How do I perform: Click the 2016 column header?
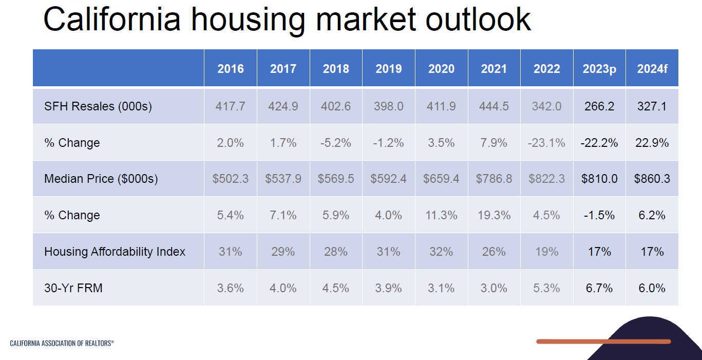coord(231,69)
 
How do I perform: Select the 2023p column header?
coord(599,69)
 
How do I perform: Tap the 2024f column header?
coord(652,69)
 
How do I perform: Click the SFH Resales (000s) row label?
coord(98,106)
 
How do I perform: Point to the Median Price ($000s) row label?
coord(101,179)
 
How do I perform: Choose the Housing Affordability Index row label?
coord(115,252)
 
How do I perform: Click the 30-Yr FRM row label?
coord(73,288)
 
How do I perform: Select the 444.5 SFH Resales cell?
coord(494,106)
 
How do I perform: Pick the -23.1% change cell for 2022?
coord(546,143)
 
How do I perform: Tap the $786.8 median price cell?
coord(494,179)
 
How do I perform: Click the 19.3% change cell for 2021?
coord(494,215)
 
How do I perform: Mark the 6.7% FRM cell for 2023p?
coord(599,288)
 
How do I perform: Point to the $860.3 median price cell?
coord(652,179)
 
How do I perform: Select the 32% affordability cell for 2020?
coord(441,252)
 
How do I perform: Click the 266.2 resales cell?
coord(599,106)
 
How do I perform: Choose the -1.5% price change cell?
coord(599,215)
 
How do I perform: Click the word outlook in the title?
coord(478,20)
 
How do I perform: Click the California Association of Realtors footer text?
coord(62,343)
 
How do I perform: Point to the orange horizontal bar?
coord(603,342)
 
